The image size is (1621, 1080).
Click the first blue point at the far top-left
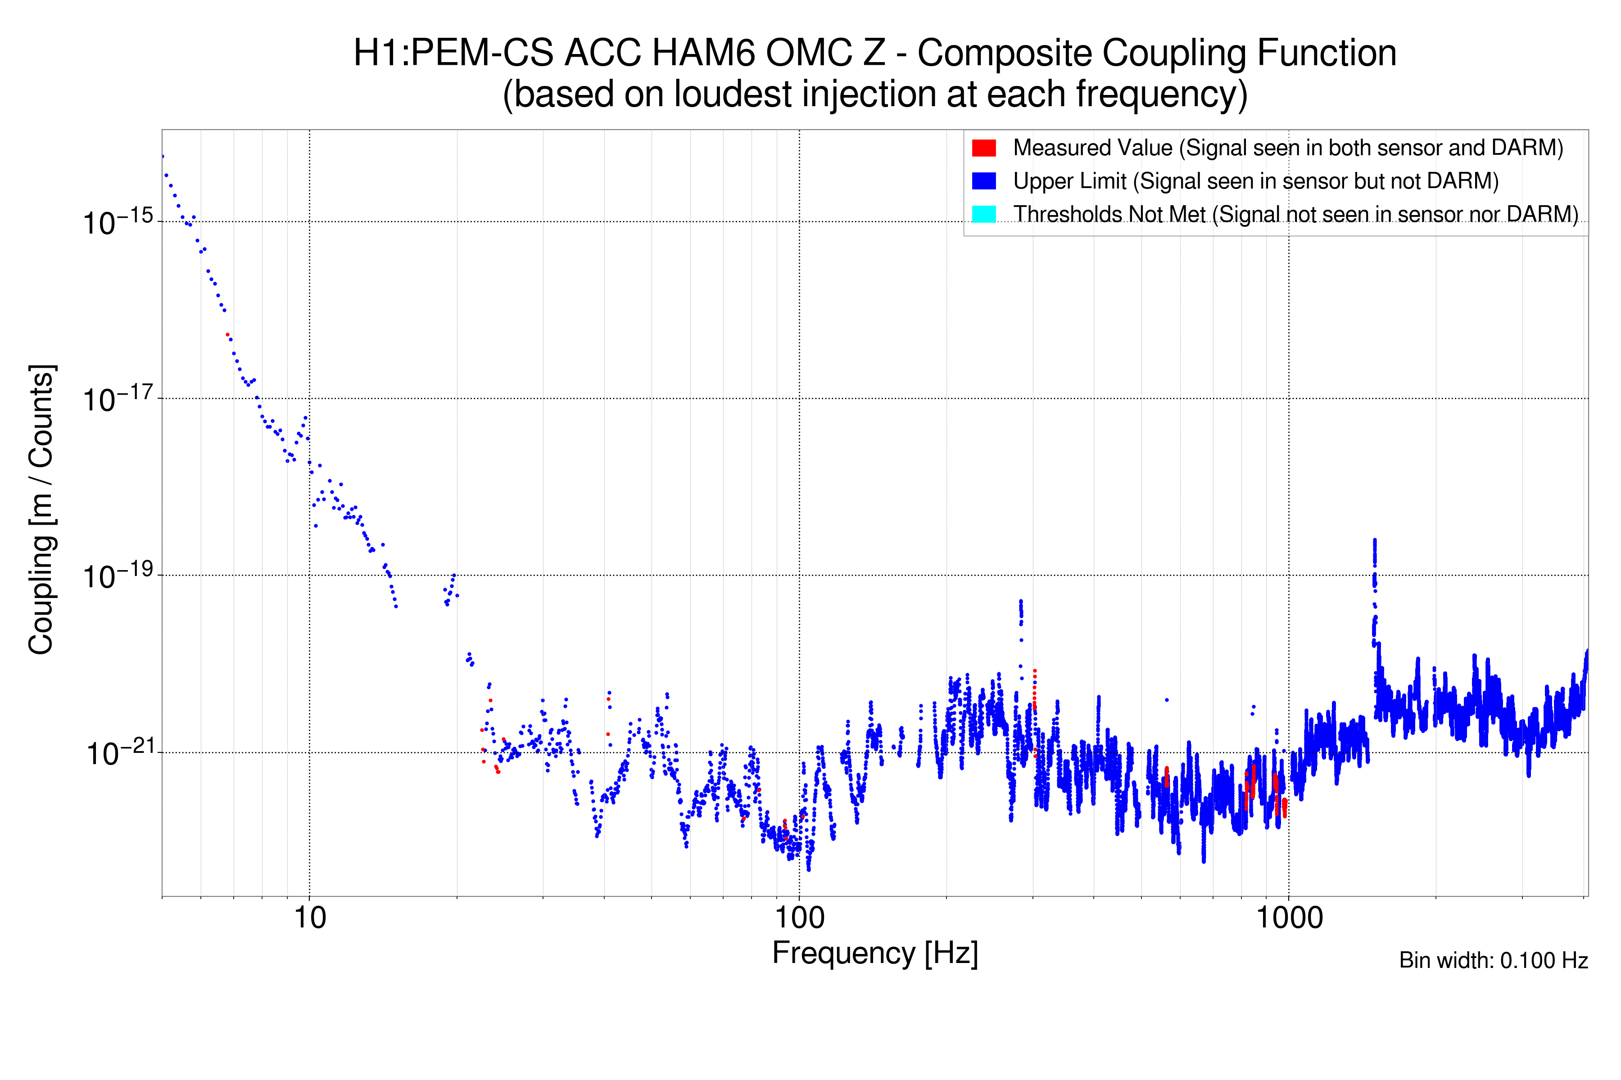pyautogui.click(x=163, y=156)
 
